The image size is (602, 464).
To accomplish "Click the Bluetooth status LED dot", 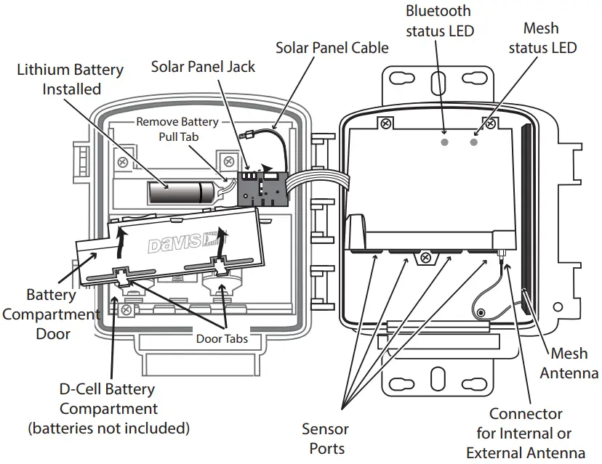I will [x=445, y=142].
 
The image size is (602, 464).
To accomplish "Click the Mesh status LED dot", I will [x=474, y=142].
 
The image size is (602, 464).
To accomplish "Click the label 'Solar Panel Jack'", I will [x=203, y=67].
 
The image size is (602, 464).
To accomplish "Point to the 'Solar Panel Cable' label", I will [x=332, y=48].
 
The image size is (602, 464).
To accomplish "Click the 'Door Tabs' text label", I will [x=221, y=338].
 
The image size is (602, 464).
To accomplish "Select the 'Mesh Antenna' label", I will [x=574, y=363].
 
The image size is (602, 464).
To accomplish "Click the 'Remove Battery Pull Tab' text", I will [x=177, y=129].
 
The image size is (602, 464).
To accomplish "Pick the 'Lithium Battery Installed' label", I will [x=71, y=80].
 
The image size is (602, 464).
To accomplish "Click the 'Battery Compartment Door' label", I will [x=51, y=314].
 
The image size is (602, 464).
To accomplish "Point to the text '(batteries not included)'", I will [x=108, y=428].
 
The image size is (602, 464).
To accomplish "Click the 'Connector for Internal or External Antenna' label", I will [x=525, y=433].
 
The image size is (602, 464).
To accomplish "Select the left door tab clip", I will [x=120, y=276].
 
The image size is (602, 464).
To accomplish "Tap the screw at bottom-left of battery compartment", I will [x=127, y=311].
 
